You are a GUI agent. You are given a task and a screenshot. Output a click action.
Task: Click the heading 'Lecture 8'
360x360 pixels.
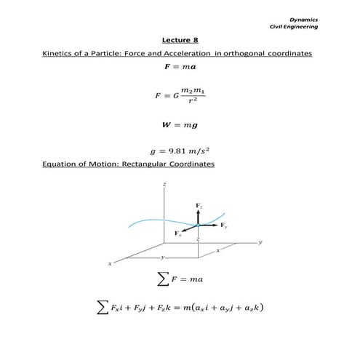(179, 41)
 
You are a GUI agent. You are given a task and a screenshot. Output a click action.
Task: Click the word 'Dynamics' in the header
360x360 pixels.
(303, 19)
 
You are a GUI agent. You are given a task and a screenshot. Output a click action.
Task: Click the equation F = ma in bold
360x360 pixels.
(179, 68)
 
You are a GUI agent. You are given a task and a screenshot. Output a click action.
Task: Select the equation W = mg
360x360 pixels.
(179, 124)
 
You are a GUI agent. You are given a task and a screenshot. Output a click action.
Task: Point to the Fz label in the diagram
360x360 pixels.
(199, 208)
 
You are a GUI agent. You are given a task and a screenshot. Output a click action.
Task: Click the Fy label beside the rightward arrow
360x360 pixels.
(223, 226)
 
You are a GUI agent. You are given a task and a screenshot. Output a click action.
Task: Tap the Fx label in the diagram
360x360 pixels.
(177, 233)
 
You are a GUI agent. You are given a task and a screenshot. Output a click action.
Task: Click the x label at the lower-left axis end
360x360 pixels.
(110, 263)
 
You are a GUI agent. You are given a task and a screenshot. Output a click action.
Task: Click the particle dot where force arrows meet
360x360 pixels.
(199, 225)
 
